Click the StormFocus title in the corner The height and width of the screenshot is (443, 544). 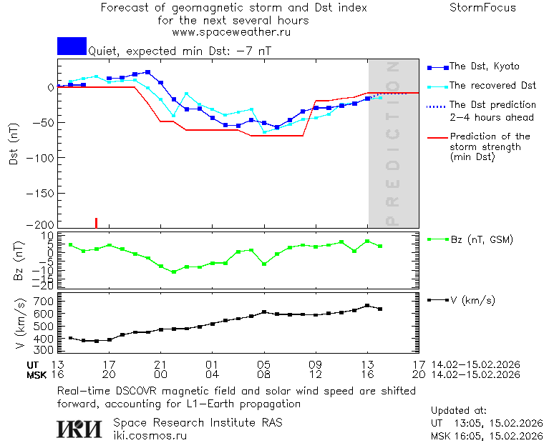click(482, 8)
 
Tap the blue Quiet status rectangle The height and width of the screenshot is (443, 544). click(72, 46)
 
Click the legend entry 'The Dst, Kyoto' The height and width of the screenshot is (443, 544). click(483, 66)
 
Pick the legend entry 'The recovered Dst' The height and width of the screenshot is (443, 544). click(492, 86)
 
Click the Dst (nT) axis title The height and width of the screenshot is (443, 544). click(14, 143)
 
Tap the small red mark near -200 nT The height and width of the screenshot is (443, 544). click(96, 222)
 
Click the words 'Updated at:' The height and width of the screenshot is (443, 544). click(459, 411)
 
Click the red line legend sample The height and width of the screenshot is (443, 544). click(437, 136)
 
